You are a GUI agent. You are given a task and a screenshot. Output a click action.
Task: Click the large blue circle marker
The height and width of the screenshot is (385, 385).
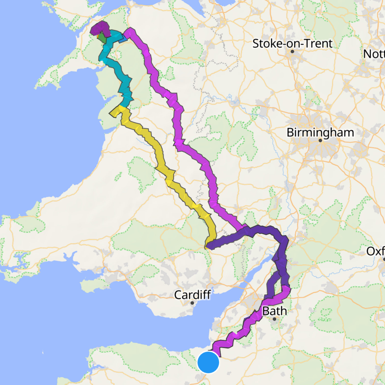tap(208, 362)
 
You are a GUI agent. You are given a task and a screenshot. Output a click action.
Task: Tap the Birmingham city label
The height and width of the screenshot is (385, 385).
tap(320, 132)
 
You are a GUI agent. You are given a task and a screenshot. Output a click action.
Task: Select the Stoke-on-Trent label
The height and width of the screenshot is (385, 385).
tap(292, 44)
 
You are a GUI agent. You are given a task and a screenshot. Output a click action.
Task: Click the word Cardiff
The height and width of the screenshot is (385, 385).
tap(193, 295)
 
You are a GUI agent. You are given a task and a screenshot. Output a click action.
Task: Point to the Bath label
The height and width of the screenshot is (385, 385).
tap(274, 311)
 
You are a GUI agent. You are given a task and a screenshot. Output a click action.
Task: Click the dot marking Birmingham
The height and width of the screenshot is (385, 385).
tap(320, 140)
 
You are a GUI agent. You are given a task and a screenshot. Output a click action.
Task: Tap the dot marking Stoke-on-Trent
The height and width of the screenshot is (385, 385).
tap(292, 51)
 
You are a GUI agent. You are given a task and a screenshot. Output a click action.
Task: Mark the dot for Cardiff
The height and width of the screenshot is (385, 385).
tap(193, 303)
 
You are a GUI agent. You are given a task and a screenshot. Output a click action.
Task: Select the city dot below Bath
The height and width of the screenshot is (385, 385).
tap(274, 319)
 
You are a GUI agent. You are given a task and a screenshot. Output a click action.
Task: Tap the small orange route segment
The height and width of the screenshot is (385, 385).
tap(98, 36)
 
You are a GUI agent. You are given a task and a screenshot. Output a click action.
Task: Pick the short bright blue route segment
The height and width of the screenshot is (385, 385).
tap(123, 39)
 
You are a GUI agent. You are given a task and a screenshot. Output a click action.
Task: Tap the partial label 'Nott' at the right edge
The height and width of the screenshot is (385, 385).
tap(374, 54)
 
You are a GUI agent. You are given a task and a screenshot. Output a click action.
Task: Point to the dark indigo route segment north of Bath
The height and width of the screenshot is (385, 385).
tap(281, 260)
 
